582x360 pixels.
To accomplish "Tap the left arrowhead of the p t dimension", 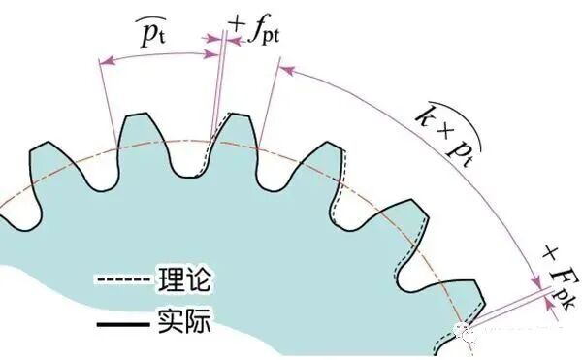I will click(x=104, y=61).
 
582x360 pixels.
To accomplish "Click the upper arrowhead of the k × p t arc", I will click(x=286, y=70).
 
